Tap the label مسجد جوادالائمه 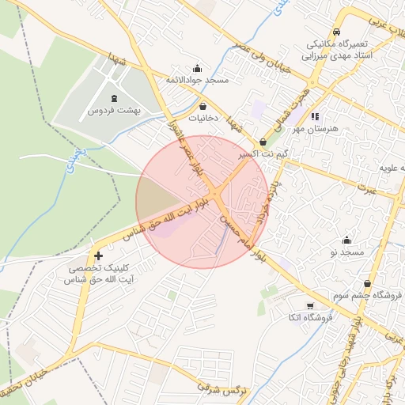point(197,81)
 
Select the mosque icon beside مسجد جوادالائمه point(197,68)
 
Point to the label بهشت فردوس point(114,111)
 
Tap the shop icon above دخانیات point(203,106)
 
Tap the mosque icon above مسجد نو point(346,240)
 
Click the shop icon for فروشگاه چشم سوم point(367,283)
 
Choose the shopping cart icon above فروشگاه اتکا point(309,305)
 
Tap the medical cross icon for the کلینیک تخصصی point(98,255)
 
